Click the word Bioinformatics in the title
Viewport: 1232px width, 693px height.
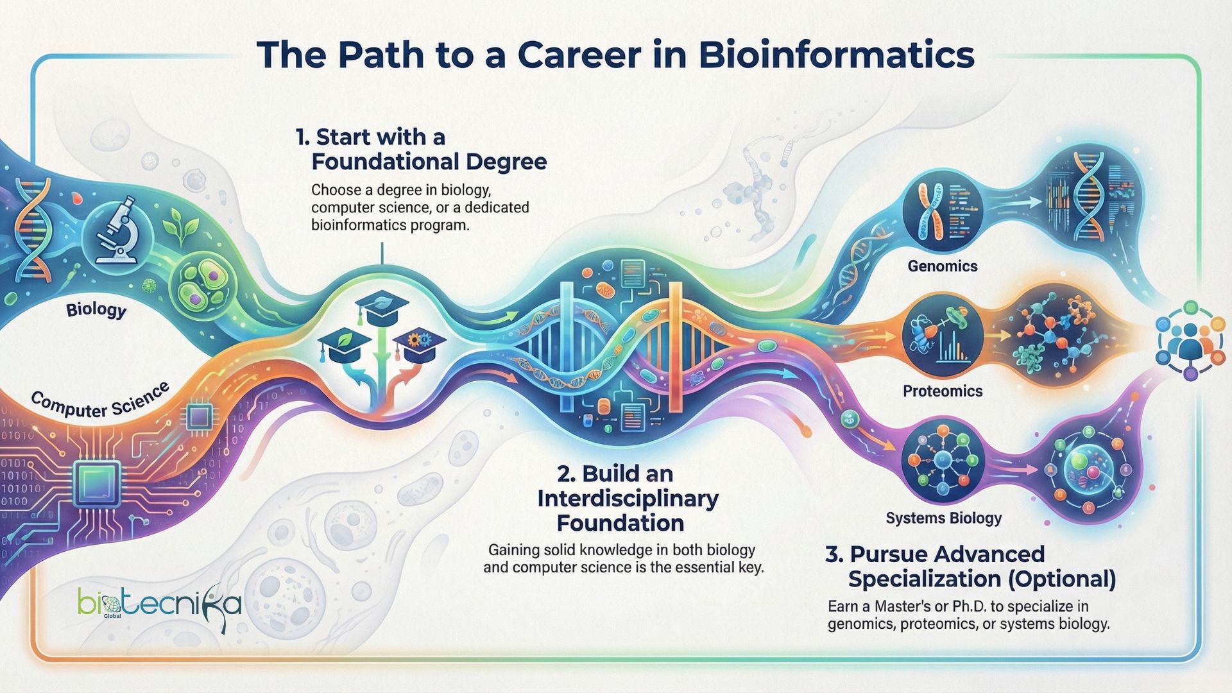(x=837, y=55)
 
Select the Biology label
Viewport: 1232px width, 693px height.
(x=96, y=310)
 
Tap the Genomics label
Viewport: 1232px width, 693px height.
(x=942, y=266)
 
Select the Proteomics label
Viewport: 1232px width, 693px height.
(x=942, y=391)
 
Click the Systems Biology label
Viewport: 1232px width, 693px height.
(x=943, y=518)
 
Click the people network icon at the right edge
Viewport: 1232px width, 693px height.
(x=1190, y=340)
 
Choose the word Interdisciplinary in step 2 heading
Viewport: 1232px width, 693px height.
(x=628, y=499)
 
